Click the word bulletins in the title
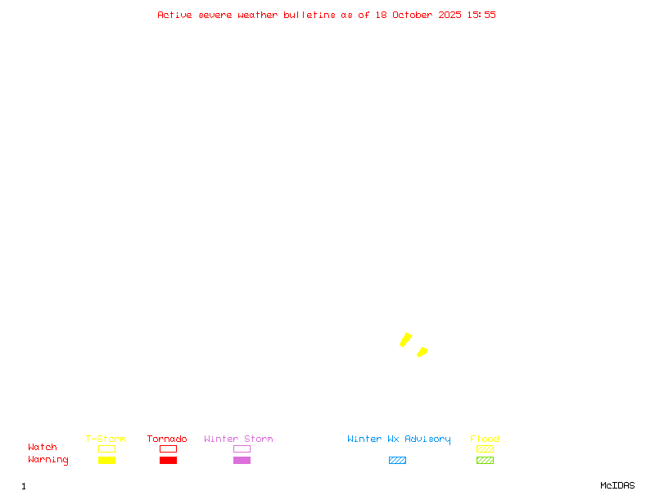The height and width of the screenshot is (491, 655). [309, 15]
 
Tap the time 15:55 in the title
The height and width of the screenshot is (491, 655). [481, 15]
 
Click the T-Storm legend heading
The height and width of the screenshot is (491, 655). [106, 439]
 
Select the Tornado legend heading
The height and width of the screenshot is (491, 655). [167, 439]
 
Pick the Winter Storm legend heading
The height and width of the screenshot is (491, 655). [238, 439]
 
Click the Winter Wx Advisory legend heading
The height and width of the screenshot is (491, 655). [399, 439]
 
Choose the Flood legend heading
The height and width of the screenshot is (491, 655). [485, 439]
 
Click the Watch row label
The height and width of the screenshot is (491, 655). [43, 448]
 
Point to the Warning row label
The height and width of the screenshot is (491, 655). [48, 460]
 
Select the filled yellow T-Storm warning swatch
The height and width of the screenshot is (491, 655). [106, 461]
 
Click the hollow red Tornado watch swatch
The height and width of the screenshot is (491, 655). [168, 448]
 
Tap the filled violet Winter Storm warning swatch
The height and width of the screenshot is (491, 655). [242, 461]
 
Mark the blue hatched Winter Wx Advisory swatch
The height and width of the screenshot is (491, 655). [397, 461]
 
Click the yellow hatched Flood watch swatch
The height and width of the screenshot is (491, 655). [485, 448]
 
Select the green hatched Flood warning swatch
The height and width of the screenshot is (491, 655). [485, 461]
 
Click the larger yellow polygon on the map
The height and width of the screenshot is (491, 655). [405, 340]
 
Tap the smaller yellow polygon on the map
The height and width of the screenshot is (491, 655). [422, 352]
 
